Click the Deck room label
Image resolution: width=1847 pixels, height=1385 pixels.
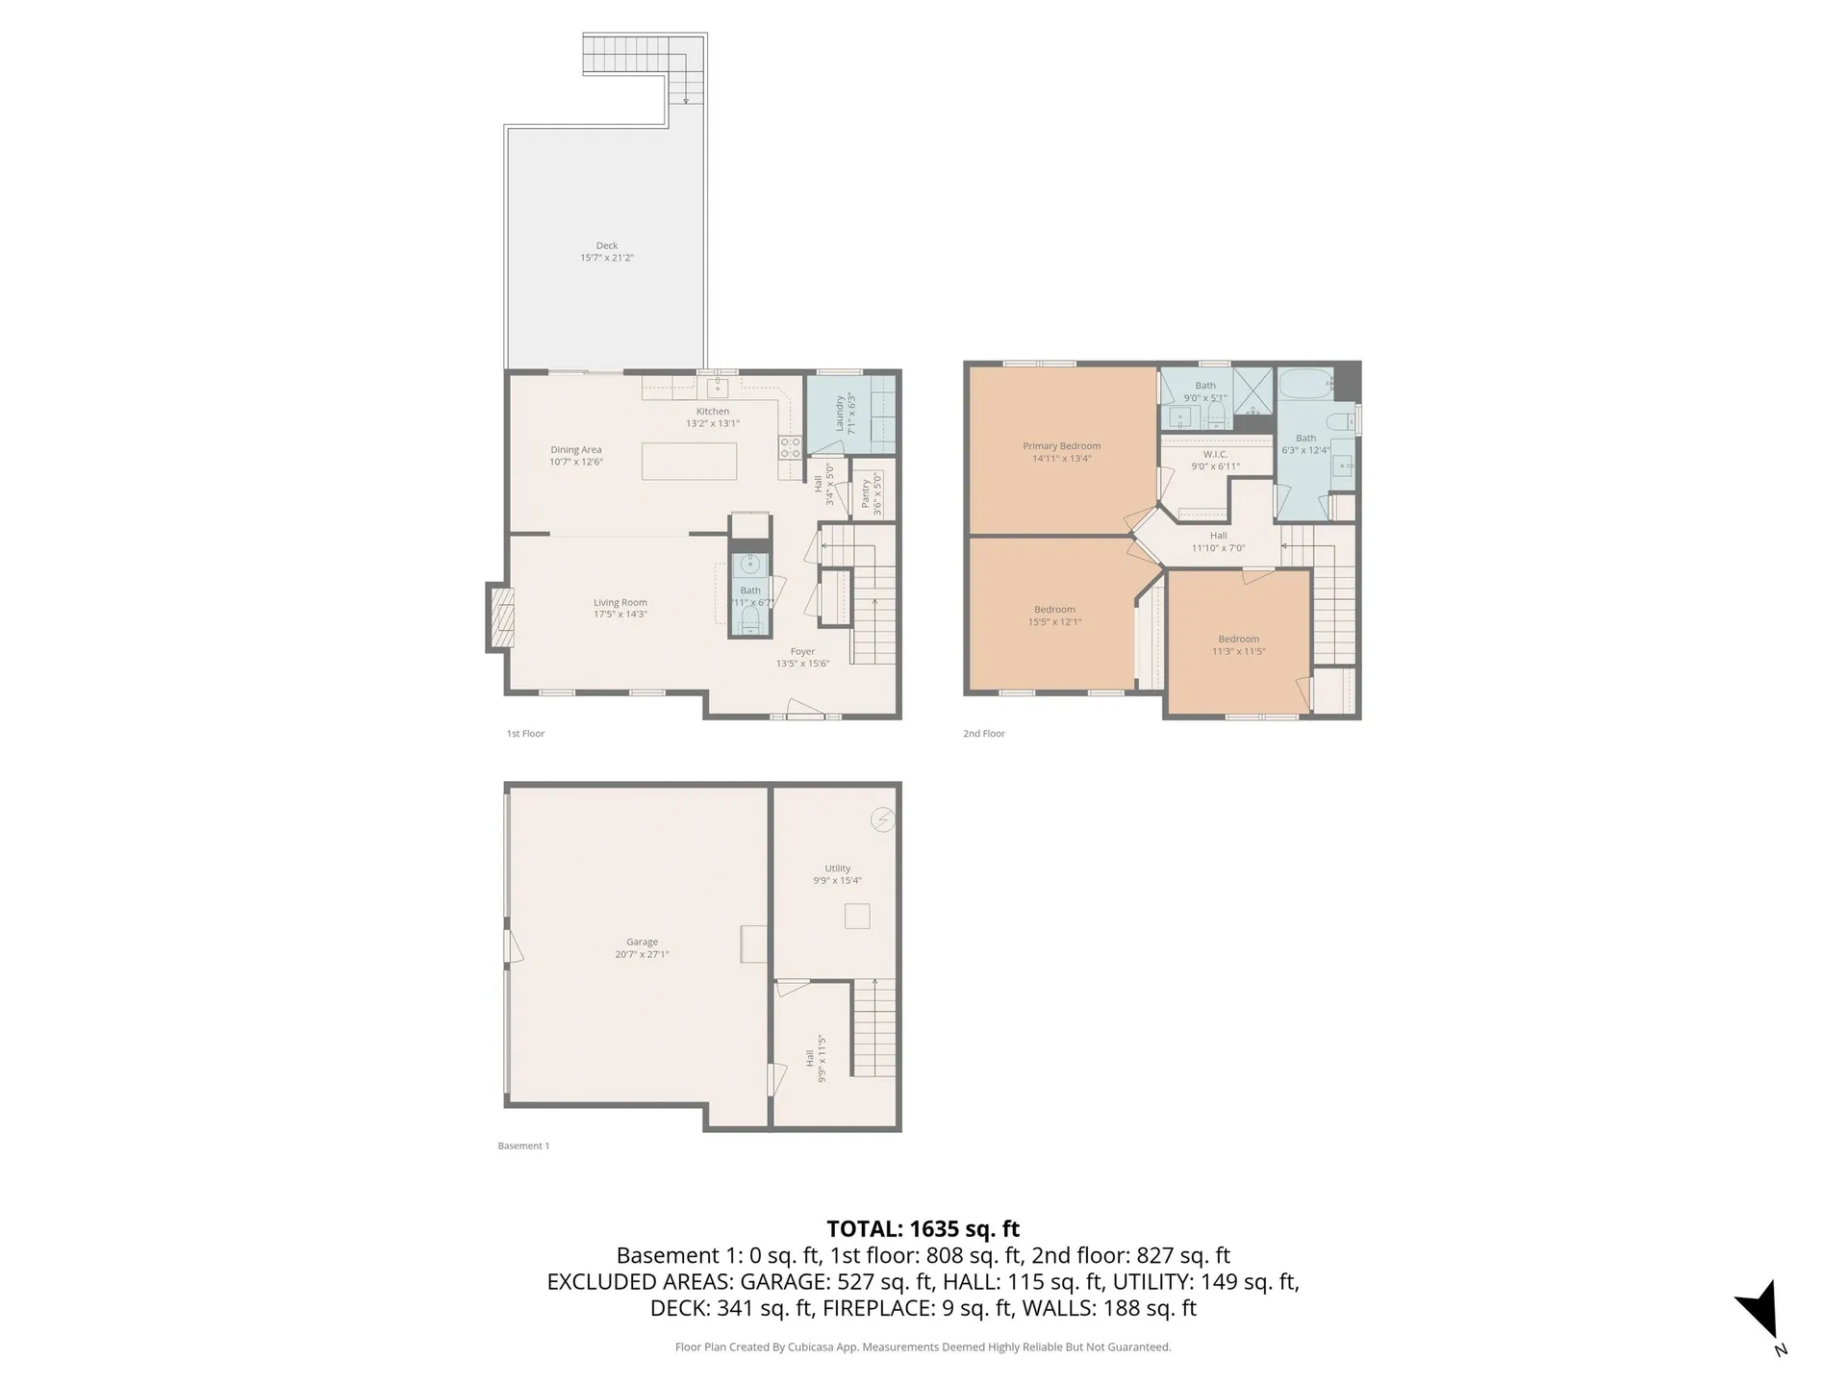(606, 246)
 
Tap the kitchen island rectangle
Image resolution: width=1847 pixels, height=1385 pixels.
(689, 461)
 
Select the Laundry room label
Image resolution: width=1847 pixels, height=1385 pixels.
(840, 414)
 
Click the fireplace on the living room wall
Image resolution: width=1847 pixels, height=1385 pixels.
(500, 617)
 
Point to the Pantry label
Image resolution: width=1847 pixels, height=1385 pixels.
(866, 494)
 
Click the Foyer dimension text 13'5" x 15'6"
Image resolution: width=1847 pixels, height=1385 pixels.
(802, 664)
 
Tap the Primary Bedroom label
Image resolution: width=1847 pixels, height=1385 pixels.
(1061, 446)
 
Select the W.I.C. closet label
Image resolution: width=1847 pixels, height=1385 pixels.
(1215, 455)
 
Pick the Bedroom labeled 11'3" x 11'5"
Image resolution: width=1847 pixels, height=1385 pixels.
(1238, 640)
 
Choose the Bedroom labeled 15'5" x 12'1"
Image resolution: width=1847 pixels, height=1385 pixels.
(1054, 610)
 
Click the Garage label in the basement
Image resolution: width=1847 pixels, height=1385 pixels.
(642, 943)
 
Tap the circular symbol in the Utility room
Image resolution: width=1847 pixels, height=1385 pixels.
(882, 819)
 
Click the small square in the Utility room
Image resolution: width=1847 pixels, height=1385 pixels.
(857, 916)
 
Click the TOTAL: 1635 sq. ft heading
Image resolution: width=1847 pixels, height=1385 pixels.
(923, 1229)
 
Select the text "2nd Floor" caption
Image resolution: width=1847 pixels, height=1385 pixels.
(983, 734)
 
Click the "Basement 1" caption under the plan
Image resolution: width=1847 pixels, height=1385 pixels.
(523, 1146)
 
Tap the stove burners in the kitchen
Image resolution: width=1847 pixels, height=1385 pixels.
(790, 447)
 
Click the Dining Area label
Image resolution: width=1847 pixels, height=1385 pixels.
(575, 450)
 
